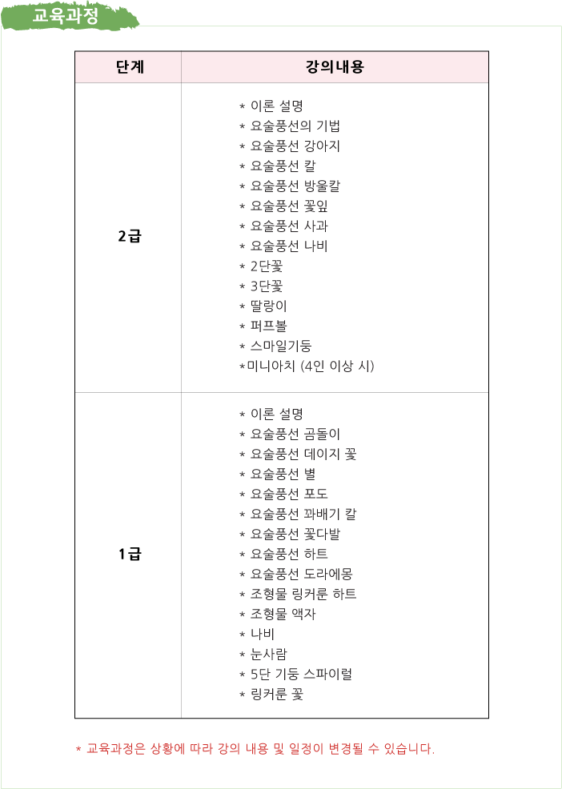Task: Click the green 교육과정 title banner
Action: pyautogui.click(x=70, y=15)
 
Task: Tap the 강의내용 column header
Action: pyautogui.click(x=335, y=67)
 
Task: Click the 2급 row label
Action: pyautogui.click(x=130, y=237)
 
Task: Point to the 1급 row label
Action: pyautogui.click(x=130, y=555)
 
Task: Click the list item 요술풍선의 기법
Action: pyautogui.click(x=293, y=126)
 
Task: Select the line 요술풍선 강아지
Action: pyautogui.click(x=290, y=146)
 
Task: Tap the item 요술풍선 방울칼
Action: pyautogui.click(x=290, y=186)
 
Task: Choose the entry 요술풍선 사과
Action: pyautogui.click(x=284, y=226)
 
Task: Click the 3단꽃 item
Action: pyautogui.click(x=261, y=286)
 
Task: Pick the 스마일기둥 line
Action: pyautogui.click(x=276, y=346)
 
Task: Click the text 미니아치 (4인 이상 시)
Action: pyautogui.click(x=307, y=366)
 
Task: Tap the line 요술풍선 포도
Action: pyautogui.click(x=284, y=495)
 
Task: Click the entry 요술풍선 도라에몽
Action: pyautogui.click(x=299, y=574)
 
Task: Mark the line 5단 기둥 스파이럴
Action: pyautogui.click(x=296, y=675)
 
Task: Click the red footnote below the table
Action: pyautogui.click(x=255, y=749)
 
